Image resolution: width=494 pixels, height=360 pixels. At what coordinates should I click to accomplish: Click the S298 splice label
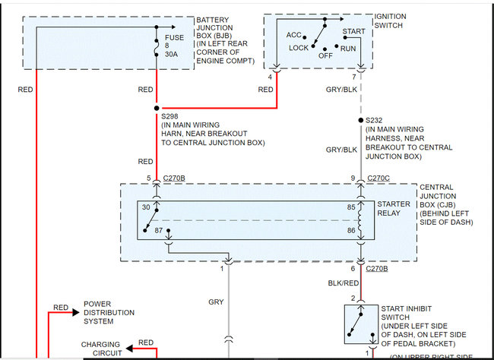[x=169, y=115]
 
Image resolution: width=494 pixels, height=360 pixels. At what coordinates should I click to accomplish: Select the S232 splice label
[x=375, y=120]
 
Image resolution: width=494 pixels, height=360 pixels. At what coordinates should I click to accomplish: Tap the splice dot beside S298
[x=157, y=107]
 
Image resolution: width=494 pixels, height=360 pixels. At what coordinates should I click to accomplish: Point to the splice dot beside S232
[x=361, y=120]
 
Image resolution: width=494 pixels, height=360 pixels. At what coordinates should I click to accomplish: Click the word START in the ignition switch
[x=354, y=31]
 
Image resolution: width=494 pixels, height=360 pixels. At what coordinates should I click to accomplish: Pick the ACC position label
[x=294, y=35]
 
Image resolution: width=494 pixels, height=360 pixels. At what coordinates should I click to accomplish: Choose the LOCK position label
[x=299, y=48]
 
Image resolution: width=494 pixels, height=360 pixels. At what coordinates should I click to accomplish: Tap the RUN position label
[x=349, y=48]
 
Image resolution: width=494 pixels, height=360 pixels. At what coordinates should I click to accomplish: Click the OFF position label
[x=325, y=55]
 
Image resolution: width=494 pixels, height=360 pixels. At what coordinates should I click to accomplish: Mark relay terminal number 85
[x=351, y=207]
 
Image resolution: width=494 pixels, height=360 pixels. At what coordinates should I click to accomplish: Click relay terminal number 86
[x=351, y=229]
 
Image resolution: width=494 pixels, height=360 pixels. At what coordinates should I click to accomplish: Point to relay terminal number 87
[x=160, y=229]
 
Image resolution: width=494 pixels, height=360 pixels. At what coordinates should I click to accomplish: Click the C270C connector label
[x=378, y=179]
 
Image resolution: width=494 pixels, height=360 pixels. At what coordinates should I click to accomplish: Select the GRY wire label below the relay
[x=216, y=302]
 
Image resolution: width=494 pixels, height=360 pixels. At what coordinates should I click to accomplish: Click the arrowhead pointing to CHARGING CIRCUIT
[x=130, y=349]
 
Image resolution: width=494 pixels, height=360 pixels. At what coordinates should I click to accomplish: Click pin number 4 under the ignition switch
[x=270, y=77]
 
